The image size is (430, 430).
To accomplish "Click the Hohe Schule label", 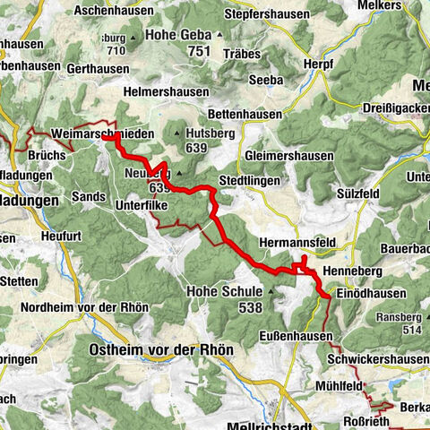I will pos(224,291).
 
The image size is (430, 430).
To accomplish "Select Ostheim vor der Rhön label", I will pos(161,348).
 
